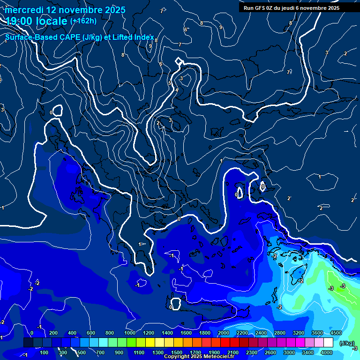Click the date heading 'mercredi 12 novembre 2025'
tap(65, 10)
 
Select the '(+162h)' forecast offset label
tap(83, 21)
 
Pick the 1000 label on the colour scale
tap(129, 333)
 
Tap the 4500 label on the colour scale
tap(336, 333)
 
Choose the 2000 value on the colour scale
tap(223, 333)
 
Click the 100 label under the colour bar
tap(45, 352)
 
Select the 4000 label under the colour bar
tap(327, 352)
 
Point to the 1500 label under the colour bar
tap(176, 352)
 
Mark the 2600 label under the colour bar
tap(270, 352)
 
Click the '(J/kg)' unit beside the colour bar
tap(346, 344)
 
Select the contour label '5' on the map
tap(170, 83)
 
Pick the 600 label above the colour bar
tap(91, 333)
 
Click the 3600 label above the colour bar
tap(317, 333)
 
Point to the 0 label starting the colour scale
tap(32, 333)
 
